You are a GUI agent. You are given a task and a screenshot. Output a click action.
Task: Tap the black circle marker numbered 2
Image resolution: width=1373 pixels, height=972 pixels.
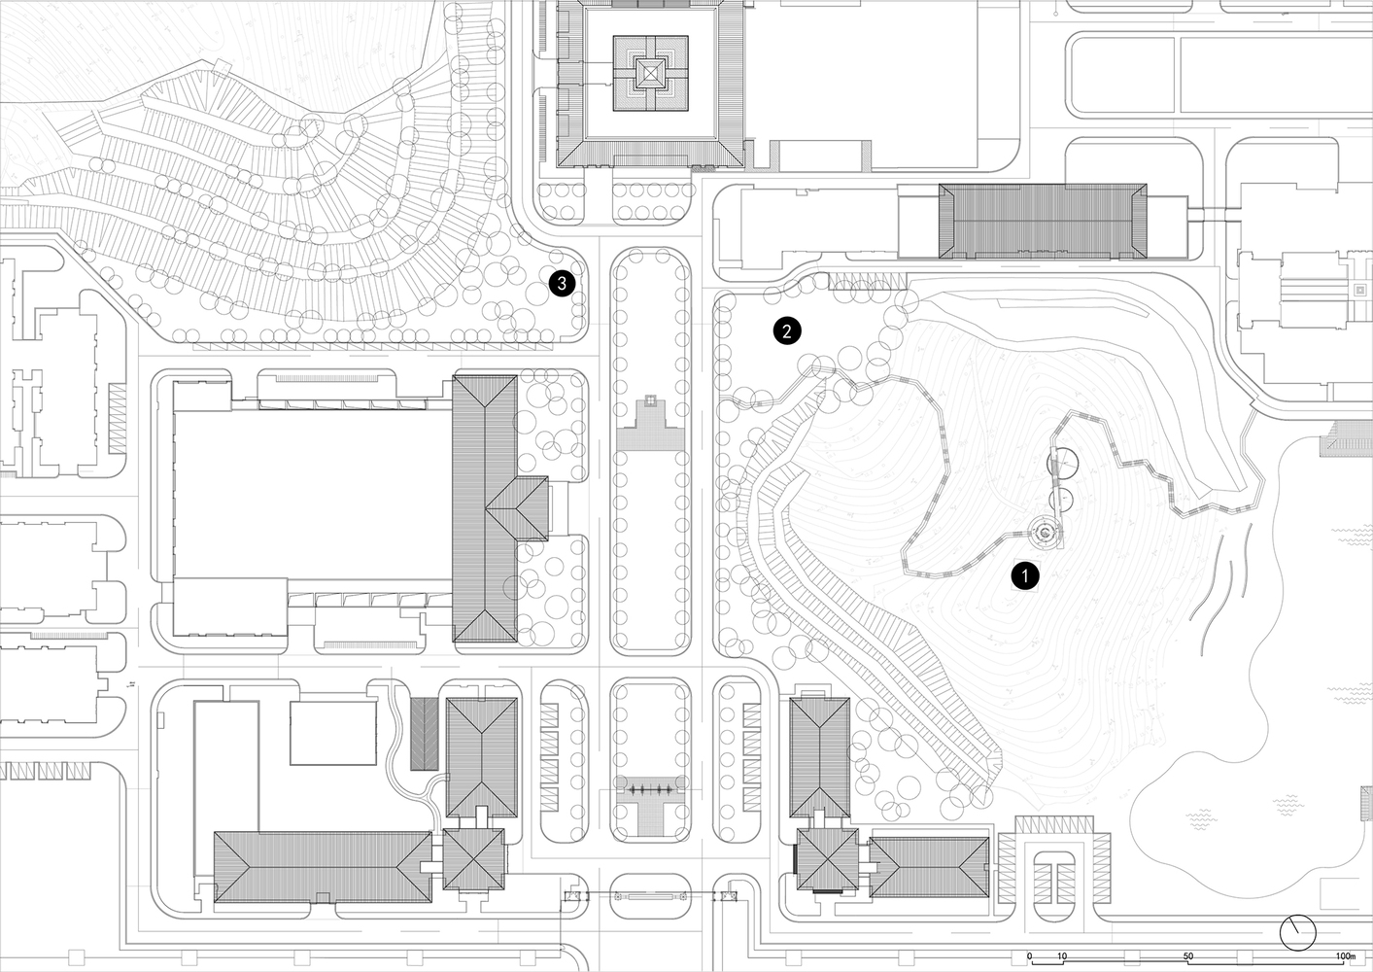[787, 330]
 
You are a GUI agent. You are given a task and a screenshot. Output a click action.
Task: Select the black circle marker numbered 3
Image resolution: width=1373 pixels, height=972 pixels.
[563, 283]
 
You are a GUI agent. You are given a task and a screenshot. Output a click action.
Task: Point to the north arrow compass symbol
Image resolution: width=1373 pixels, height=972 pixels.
[1296, 932]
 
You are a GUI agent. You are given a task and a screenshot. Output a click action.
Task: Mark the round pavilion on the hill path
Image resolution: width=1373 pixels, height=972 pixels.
[1044, 531]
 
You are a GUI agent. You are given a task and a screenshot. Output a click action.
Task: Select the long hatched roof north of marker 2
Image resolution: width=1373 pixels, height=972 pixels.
[1043, 222]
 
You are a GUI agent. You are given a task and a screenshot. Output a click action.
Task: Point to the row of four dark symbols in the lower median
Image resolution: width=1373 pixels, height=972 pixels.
[649, 791]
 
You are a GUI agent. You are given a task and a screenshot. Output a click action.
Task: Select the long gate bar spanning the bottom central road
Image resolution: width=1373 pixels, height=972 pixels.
[648, 895]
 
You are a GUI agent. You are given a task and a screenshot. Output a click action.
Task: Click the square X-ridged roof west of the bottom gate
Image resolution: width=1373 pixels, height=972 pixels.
[474, 858]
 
